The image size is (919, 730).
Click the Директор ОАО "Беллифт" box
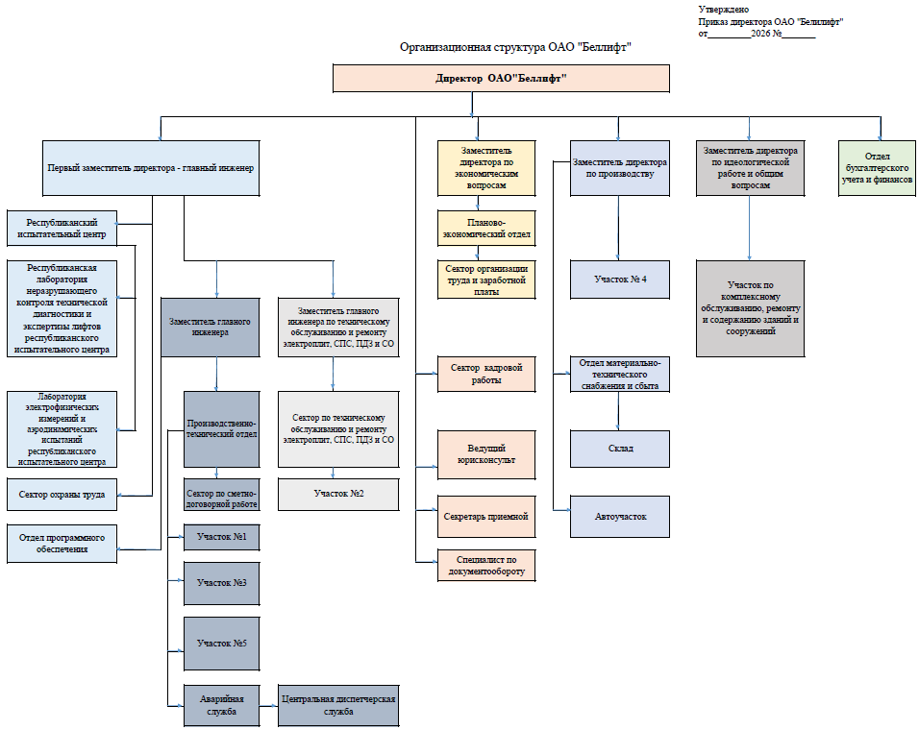pyautogui.click(x=501, y=79)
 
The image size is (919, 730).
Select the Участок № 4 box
pyautogui.click(x=619, y=280)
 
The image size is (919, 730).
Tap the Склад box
pyautogui.click(x=619, y=449)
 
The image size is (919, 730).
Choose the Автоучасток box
pyautogui.click(x=619, y=517)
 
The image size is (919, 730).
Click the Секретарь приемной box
pyautogui.click(x=486, y=517)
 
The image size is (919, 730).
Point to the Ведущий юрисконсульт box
pyautogui.click(x=486, y=454)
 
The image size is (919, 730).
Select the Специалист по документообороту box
pyautogui.click(x=486, y=565)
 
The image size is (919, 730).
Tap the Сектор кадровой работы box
pyautogui.click(x=486, y=374)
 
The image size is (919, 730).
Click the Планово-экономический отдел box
pyautogui.click(x=486, y=229)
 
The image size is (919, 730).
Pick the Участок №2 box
pyautogui.click(x=338, y=494)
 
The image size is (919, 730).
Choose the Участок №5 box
pyautogui.click(x=221, y=644)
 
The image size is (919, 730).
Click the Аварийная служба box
pyautogui.click(x=221, y=705)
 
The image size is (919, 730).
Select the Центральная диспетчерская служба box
pyautogui.click(x=338, y=705)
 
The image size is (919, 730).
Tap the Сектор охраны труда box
pyautogui.click(x=62, y=495)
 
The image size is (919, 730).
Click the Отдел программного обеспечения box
pyautogui.click(x=62, y=544)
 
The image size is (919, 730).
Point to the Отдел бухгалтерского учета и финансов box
pyautogui.click(x=877, y=168)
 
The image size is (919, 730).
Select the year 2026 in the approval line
pyautogui.click(x=760, y=34)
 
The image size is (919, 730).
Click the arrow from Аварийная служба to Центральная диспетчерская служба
pyautogui.click(x=268, y=706)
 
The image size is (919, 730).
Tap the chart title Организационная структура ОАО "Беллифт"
pyautogui.click(x=516, y=47)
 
